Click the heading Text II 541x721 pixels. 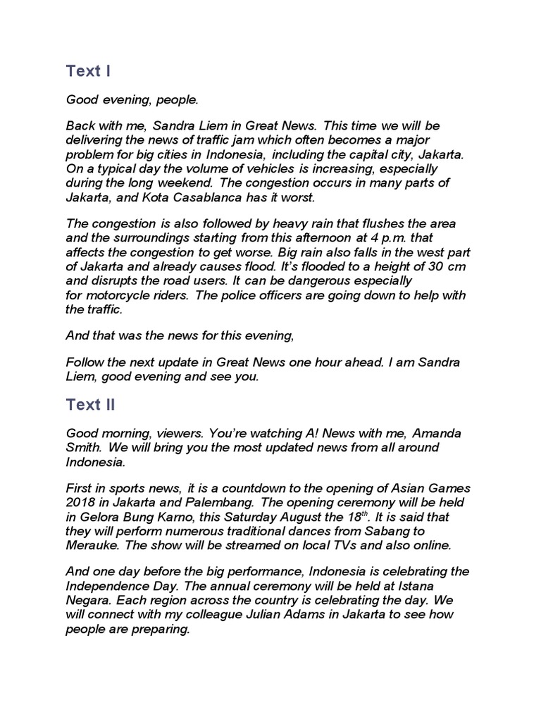point(90,405)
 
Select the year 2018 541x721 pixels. point(80,501)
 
